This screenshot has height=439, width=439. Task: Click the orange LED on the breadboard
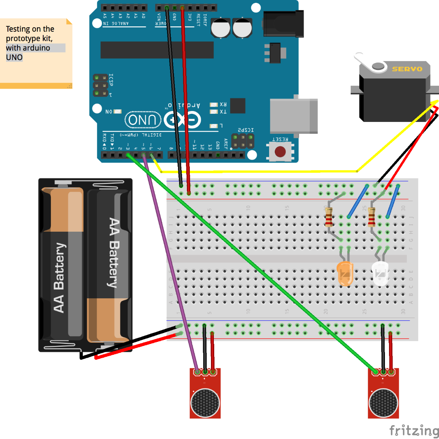346,274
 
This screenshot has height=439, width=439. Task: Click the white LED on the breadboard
380,274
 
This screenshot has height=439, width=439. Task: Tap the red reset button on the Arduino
280,152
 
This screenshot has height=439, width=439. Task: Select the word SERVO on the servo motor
407,69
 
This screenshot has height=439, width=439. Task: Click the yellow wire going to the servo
260,172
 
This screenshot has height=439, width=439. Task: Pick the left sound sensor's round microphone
206,403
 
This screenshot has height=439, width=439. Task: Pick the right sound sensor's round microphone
383,403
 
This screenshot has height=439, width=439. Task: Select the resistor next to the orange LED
329,217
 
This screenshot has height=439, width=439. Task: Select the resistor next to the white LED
371,217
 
